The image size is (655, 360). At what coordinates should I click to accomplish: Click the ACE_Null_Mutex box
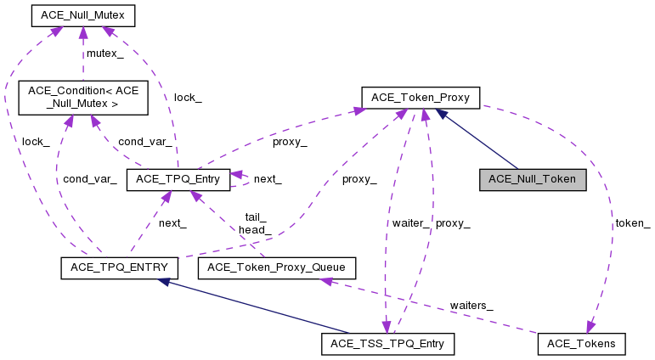click(x=82, y=15)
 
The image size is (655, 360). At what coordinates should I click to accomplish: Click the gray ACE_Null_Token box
click(x=533, y=179)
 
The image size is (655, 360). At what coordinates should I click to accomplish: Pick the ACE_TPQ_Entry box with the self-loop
click(x=178, y=179)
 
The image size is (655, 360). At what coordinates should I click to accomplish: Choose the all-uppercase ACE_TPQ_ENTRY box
click(x=119, y=268)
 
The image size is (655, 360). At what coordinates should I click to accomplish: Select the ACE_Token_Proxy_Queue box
click(x=276, y=268)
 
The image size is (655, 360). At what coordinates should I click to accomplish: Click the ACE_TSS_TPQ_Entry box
click(x=388, y=343)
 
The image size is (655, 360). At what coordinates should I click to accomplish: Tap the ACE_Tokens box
click(x=582, y=343)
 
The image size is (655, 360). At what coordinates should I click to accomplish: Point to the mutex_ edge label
click(x=105, y=53)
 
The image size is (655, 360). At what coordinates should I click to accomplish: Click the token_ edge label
click(x=632, y=223)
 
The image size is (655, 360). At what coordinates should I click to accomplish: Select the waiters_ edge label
click(x=471, y=305)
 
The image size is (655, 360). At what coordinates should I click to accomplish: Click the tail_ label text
click(x=256, y=217)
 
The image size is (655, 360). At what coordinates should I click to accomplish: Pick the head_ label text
click(x=255, y=229)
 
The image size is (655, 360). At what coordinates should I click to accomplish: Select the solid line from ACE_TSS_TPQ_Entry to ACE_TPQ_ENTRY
click(x=255, y=307)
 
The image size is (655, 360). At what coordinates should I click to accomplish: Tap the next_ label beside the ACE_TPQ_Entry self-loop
click(x=268, y=179)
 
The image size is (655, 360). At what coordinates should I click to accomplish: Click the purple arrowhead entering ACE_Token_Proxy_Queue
click(x=322, y=282)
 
